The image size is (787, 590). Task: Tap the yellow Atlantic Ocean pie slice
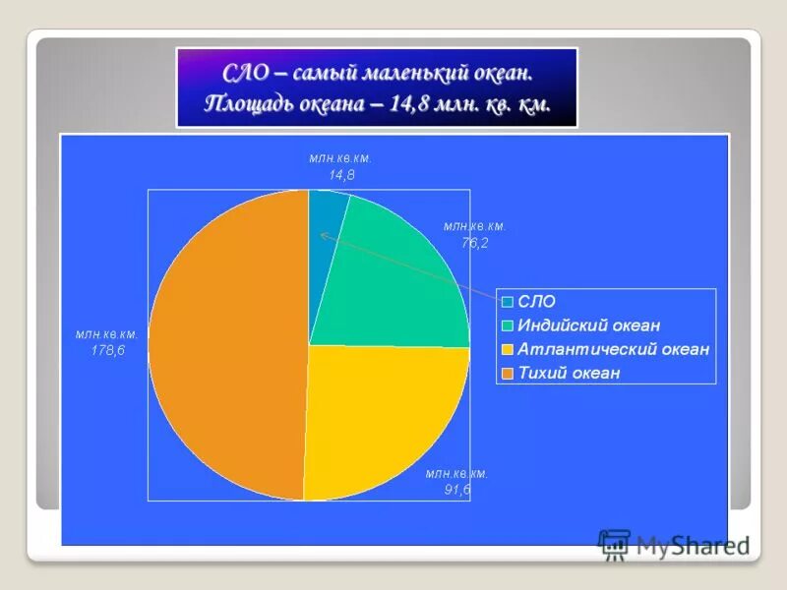(384, 413)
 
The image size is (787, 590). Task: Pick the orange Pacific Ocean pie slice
(226, 344)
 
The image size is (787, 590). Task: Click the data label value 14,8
(341, 175)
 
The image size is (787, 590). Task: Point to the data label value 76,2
(474, 243)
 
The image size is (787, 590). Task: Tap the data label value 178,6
(107, 352)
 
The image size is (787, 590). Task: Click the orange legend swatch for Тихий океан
(507, 374)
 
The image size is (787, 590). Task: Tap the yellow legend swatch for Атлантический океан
(507, 350)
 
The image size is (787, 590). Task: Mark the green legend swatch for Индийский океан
(507, 326)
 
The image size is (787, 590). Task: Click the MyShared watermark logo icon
(614, 544)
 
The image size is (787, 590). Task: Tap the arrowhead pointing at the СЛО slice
(323, 234)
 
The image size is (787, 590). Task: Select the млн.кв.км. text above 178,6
(107, 334)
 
